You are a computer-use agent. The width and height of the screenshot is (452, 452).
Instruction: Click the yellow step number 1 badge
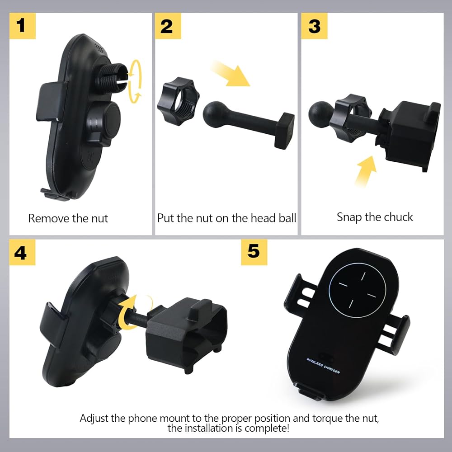click(23, 26)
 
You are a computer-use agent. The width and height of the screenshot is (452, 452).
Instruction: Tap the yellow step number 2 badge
click(168, 26)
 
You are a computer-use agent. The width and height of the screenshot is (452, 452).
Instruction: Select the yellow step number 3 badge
click(314, 26)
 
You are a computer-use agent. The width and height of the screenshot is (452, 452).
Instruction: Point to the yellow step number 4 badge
click(22, 252)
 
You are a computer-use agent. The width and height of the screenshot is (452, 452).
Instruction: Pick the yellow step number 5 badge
click(254, 252)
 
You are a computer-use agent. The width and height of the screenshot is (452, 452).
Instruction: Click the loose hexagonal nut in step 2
click(178, 101)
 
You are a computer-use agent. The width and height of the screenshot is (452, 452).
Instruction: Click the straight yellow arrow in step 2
click(230, 74)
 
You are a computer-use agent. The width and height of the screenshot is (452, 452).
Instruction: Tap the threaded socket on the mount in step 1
click(111, 76)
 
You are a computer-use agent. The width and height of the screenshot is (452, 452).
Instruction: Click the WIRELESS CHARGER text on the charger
click(323, 366)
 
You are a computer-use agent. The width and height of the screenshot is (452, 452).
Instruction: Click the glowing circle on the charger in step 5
click(358, 290)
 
